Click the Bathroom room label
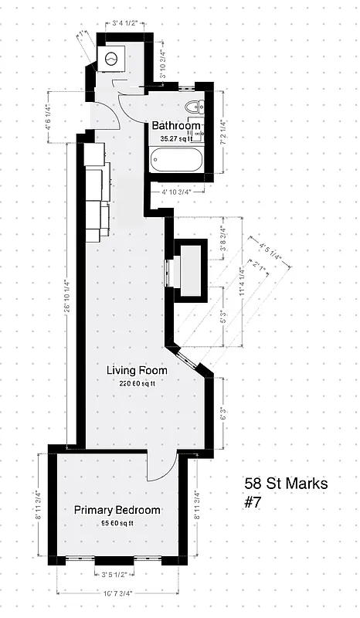pos(176,126)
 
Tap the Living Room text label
pos(137,371)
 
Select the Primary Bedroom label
pos(117,510)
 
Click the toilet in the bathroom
pos(192,108)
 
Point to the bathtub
pos(176,161)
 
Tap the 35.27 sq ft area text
pos(177,138)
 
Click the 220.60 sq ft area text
pos(137,383)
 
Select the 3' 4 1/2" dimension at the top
pos(124,23)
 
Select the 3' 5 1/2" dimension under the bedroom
pos(117,575)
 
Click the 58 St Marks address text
pos(286,484)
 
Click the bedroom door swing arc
pos(158,467)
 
